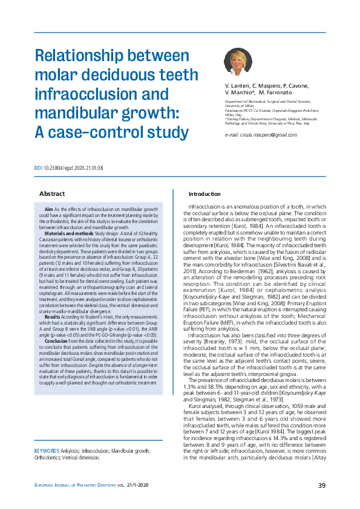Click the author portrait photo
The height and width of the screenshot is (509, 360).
tap(238, 62)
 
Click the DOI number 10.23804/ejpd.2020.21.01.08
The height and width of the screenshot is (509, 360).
tap(73, 167)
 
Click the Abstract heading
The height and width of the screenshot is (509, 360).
tap(52, 193)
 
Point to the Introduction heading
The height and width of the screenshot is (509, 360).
tap(205, 193)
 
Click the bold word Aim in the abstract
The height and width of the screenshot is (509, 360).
tap(50, 209)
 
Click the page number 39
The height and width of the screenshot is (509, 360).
tap(322, 486)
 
